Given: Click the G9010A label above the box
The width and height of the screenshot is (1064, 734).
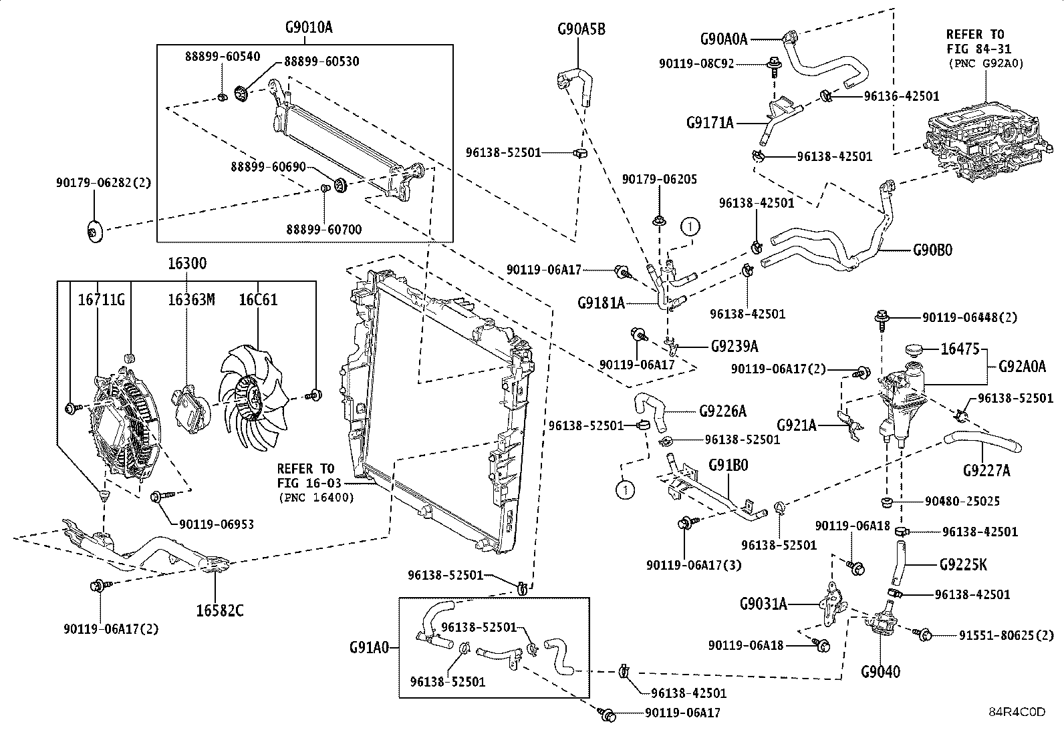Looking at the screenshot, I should click(x=309, y=27).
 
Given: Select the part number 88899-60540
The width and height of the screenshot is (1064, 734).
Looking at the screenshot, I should click(x=223, y=57).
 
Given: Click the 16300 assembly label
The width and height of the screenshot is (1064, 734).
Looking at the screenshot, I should click(x=186, y=263).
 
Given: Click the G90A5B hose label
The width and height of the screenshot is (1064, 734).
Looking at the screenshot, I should click(x=581, y=29).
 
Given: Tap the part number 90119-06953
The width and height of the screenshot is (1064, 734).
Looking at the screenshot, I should click(x=217, y=525).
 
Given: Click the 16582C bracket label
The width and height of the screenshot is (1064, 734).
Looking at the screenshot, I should click(x=220, y=610).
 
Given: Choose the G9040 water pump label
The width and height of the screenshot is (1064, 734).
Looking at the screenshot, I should click(x=880, y=671).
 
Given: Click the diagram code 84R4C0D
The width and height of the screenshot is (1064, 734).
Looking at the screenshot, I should click(x=1017, y=712).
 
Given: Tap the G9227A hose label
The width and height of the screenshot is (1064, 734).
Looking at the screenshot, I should click(x=986, y=471).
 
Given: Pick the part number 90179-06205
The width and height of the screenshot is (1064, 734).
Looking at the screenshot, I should click(x=659, y=179).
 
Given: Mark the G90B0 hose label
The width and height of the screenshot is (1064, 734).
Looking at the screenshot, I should click(x=932, y=250).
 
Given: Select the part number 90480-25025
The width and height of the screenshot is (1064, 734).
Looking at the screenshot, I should click(x=962, y=501).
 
